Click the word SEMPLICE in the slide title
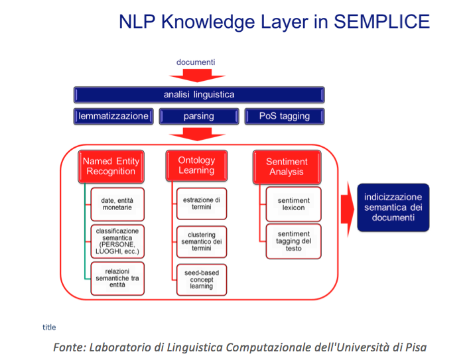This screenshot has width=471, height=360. coord(382,22)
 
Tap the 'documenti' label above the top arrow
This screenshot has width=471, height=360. coord(196,62)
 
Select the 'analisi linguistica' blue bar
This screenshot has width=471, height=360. coord(199,95)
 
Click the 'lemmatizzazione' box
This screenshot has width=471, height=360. coord(113,116)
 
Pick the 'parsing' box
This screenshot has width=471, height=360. coord(199,116)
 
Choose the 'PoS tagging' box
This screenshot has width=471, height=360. coord(285,116)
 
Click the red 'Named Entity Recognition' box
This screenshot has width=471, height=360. coord(111,166)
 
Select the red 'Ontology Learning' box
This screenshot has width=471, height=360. coord(197,166)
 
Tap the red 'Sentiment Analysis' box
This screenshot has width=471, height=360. coord(287,167)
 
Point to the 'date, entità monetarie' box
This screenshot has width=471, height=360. coord(117,204)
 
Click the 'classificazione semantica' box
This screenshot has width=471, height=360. coord(117,241)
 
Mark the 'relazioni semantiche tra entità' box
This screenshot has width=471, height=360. coord(117,278)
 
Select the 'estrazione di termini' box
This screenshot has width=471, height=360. coord(202,204)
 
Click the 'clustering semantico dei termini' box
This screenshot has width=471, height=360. coord(202,242)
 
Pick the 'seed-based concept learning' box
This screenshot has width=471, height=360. coord(202,280)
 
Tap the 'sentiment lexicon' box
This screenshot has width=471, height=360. coord(293,204)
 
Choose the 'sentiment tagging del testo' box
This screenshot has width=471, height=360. coord(293,241)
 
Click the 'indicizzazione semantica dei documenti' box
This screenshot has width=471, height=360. coord(393,208)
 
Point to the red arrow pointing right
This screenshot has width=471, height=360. coord(348,210)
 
